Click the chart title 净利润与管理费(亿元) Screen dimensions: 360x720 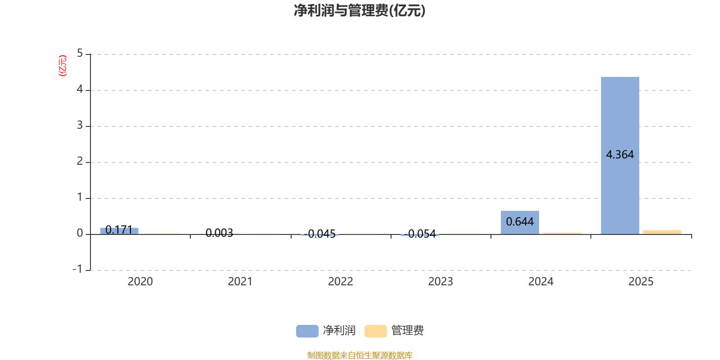360,11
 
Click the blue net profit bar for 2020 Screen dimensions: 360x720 119,230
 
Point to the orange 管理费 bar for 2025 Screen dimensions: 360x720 661,232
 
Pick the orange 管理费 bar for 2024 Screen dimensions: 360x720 562,233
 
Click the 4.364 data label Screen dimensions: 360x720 620,155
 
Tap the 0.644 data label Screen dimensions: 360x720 520,222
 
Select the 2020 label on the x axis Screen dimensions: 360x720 140,282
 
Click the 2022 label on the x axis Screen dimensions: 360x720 340,282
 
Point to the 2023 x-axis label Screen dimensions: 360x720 441,282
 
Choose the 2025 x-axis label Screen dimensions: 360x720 641,282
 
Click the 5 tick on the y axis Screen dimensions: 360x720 80,54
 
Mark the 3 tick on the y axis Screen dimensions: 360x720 80,126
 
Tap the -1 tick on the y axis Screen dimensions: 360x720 77,269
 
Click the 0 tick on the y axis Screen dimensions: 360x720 80,234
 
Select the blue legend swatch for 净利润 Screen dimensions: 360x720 307,331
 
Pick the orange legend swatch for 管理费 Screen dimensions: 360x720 375,331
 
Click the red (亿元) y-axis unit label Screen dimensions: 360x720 63,66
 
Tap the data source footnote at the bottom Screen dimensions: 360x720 360,355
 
